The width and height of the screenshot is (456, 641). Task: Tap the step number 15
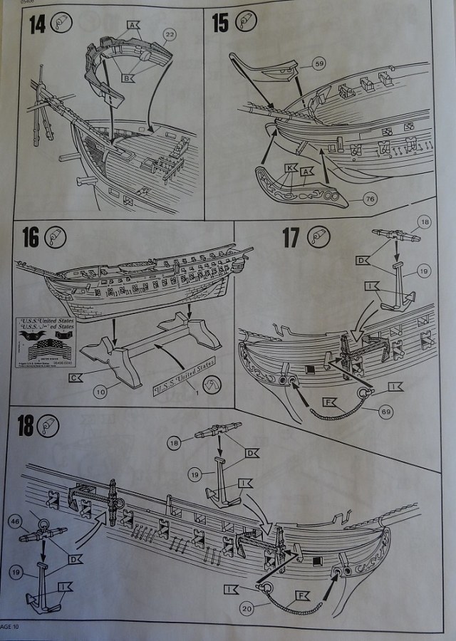tap(220, 23)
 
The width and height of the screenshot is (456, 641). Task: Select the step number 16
tap(30, 237)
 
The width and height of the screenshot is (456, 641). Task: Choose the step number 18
tap(26, 426)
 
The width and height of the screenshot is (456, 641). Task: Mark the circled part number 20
tap(247, 608)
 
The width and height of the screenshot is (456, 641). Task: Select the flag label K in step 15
tap(289, 169)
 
